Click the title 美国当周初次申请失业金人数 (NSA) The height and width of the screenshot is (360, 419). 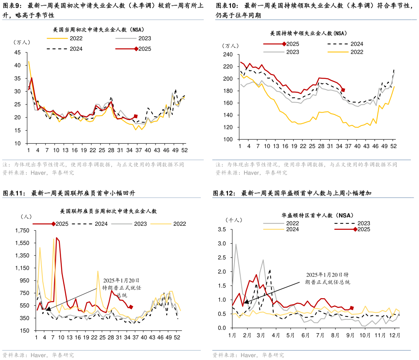coord(99,30)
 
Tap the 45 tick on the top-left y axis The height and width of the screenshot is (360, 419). coord(18,52)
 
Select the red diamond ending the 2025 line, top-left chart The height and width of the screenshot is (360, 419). coord(136,116)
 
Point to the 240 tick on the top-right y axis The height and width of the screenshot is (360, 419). coord(228,55)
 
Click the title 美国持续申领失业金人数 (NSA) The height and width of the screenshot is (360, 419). coord(308,33)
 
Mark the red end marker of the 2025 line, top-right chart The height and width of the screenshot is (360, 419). coord(343,90)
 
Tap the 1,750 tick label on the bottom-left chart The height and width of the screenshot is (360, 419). coord(22,231)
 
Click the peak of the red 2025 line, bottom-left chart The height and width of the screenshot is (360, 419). coord(56,238)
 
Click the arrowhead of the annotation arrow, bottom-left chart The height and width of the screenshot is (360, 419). coord(48,310)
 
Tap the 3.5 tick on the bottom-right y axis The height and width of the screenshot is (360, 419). coord(222,230)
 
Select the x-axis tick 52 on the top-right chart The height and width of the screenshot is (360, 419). coord(393,146)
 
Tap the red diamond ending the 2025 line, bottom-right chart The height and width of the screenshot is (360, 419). coord(352,308)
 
